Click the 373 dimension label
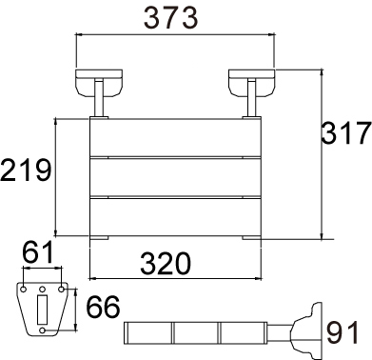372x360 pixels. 171,18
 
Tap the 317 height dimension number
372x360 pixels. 346,132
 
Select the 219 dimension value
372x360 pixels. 26,170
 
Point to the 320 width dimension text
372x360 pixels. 166,263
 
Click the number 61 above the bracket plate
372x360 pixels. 38,252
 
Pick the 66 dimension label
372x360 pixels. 104,307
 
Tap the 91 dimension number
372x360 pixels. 343,332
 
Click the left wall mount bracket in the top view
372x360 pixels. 99,82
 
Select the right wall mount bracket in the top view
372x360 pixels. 252,82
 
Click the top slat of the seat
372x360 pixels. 175,137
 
